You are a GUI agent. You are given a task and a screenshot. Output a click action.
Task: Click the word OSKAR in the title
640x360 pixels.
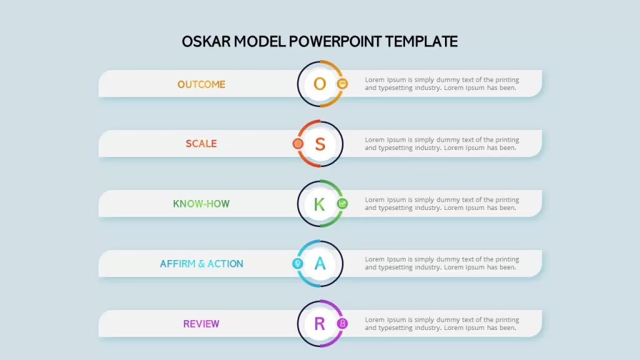point(206,42)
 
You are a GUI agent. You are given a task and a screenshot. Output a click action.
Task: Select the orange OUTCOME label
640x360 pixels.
point(201,84)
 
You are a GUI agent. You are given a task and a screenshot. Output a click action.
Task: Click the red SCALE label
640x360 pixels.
point(201,144)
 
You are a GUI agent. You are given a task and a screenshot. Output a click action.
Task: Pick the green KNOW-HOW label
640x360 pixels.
point(201,204)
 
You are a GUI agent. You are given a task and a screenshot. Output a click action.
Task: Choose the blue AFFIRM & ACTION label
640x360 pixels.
point(201,264)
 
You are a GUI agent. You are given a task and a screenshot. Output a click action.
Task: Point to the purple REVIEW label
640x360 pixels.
point(201,324)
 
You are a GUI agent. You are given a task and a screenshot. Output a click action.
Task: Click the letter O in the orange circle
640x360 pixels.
point(319,84)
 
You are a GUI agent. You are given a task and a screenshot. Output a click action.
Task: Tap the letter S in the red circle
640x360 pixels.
point(320,144)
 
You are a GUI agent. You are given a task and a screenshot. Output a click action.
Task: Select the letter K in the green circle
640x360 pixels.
point(319,204)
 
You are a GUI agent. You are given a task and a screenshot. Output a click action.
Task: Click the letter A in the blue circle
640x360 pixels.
point(320,264)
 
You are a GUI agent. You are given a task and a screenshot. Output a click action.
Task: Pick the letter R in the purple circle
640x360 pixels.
point(319,324)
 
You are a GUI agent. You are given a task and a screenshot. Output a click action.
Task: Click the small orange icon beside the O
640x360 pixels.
point(342,84)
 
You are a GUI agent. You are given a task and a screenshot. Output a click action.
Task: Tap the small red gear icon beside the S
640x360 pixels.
point(298,144)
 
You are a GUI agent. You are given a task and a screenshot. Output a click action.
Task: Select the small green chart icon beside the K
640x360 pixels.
point(342,203)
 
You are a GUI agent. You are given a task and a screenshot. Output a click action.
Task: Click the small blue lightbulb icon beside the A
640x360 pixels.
point(297,263)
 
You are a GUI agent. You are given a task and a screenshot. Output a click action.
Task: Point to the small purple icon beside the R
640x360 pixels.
point(342,323)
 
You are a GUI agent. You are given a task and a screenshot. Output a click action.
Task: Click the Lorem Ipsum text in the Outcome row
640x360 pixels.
point(442,84)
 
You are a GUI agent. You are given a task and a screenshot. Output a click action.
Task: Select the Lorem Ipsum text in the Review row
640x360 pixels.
point(442,324)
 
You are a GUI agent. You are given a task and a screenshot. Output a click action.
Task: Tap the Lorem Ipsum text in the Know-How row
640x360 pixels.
point(442,204)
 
